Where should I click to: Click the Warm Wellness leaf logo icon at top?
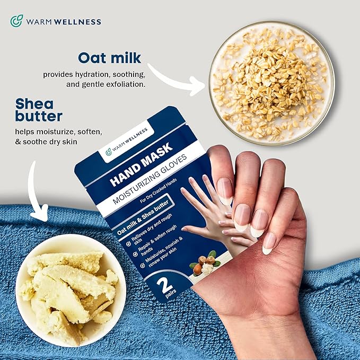pyautogui.click(x=16, y=21)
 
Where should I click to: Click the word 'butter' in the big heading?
pyautogui.click(x=39, y=116)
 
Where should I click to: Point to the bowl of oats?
pyautogui.click(x=271, y=82)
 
